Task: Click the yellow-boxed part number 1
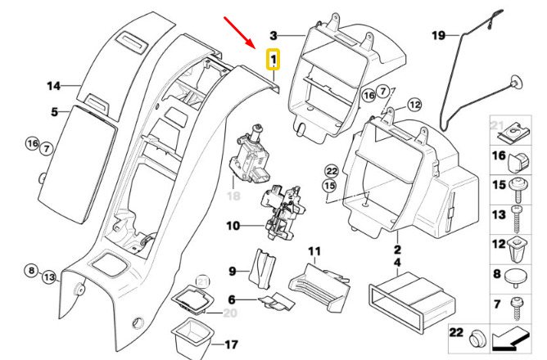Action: click(273, 59)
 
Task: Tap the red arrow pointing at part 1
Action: click(239, 32)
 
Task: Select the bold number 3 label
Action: click(273, 35)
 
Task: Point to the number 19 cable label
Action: click(439, 35)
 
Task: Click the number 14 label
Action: click(54, 86)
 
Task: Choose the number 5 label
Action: click(54, 112)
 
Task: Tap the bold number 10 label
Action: click(233, 226)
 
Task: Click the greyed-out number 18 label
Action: click(233, 196)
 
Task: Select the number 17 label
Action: click(231, 345)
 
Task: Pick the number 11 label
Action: click(314, 251)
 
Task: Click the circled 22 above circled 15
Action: click(331, 171)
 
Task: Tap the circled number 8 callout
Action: click(31, 271)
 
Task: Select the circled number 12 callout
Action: click(414, 105)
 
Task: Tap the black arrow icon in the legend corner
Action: click(509, 339)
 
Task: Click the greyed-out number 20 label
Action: click(230, 313)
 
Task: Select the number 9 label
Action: click(233, 271)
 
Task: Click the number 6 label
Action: click(232, 299)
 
